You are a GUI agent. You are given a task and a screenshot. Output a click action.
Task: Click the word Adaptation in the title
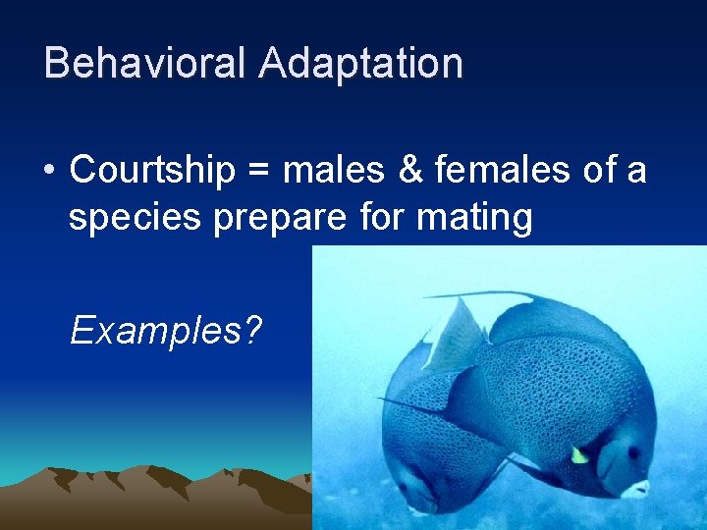(360, 64)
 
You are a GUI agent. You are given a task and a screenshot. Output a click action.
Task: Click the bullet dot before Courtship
(48, 172)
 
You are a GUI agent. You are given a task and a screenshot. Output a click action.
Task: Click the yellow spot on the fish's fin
(580, 454)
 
